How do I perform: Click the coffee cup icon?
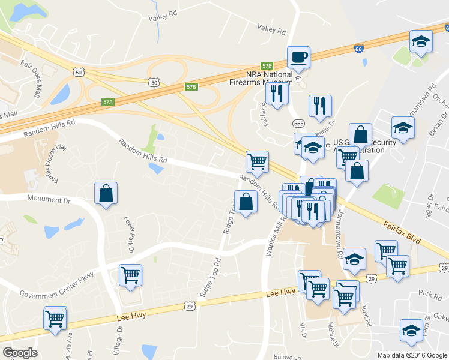[298, 58]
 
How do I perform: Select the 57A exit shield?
[108, 102]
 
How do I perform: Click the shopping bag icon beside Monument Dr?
[106, 194]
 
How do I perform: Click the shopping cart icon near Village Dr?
[131, 276]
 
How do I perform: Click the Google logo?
[20, 353]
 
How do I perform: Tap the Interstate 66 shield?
[358, 47]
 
